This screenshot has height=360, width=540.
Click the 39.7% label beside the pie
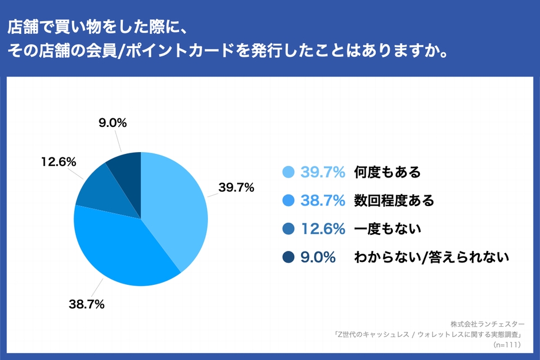pos(236,188)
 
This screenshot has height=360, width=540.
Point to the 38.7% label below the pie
pos(86,304)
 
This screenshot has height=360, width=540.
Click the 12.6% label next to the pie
pos(59,162)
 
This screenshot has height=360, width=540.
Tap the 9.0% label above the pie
pos(113,122)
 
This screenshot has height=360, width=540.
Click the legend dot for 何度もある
pos(288,172)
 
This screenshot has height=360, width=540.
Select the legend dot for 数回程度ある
pos(288,200)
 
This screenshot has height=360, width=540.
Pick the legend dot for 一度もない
pos(288,229)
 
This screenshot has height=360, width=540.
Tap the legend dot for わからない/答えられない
pos(288,257)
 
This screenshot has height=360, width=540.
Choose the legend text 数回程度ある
pos(394,200)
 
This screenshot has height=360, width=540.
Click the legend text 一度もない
pos(388,229)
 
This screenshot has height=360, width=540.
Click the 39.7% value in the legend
pos(323,172)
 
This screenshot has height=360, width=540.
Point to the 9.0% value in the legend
pos(318,257)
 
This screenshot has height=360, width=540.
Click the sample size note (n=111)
pos(507,344)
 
